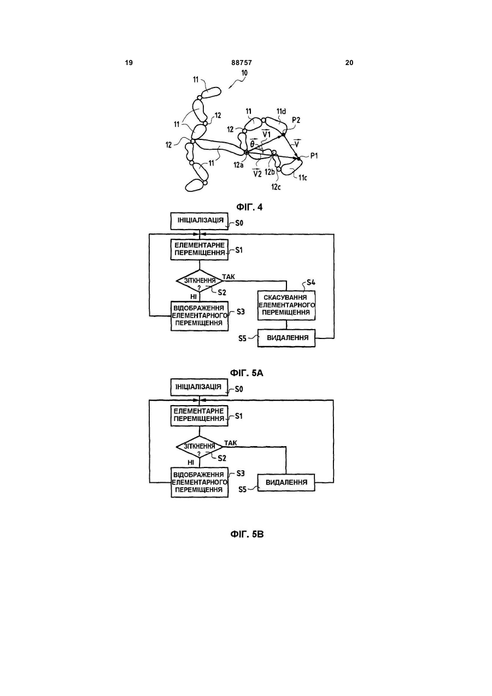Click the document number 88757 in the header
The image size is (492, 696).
(241, 63)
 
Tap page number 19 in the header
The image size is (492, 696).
(129, 63)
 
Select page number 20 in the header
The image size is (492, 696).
(349, 63)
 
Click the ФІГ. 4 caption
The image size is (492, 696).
(249, 207)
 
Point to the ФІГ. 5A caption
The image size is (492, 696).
(247, 373)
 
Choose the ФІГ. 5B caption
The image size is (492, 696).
(247, 534)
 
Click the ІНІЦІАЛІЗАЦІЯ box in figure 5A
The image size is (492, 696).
(200, 221)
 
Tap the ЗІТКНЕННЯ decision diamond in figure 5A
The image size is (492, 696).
(200, 281)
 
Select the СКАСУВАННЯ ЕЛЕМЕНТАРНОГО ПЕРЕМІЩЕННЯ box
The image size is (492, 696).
(286, 305)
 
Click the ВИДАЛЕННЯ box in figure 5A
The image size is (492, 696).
(286, 338)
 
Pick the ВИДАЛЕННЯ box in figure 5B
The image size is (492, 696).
(286, 483)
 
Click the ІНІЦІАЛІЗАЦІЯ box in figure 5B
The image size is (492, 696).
(199, 387)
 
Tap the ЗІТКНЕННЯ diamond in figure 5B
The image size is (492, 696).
(200, 447)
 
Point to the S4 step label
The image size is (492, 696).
(311, 283)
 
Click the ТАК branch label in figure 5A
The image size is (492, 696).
(229, 276)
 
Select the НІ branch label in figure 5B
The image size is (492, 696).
(191, 463)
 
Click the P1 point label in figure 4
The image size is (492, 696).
(314, 156)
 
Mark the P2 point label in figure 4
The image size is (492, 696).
(296, 120)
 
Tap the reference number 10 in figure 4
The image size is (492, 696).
(244, 73)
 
